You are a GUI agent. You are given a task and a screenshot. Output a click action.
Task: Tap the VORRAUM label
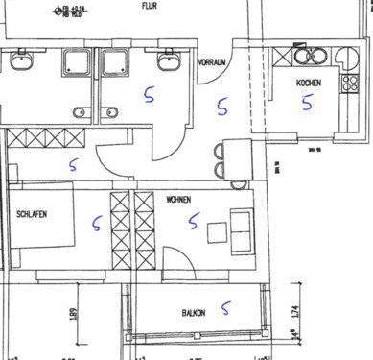coord(211,62)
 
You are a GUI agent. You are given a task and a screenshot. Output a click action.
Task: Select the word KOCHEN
coord(308,84)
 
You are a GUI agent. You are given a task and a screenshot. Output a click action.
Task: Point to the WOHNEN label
coord(177,200)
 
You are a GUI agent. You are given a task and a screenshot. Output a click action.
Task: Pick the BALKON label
coord(195,313)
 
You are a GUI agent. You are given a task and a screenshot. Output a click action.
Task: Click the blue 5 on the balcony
coord(226,308)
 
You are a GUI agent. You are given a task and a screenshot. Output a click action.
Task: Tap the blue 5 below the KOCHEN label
coord(307,103)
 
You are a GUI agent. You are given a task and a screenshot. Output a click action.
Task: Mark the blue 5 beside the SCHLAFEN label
coord(96,224)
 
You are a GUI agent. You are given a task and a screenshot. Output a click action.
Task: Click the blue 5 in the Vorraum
coord(222,107)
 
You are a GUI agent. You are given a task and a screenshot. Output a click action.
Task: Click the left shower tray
coord(76,63)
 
